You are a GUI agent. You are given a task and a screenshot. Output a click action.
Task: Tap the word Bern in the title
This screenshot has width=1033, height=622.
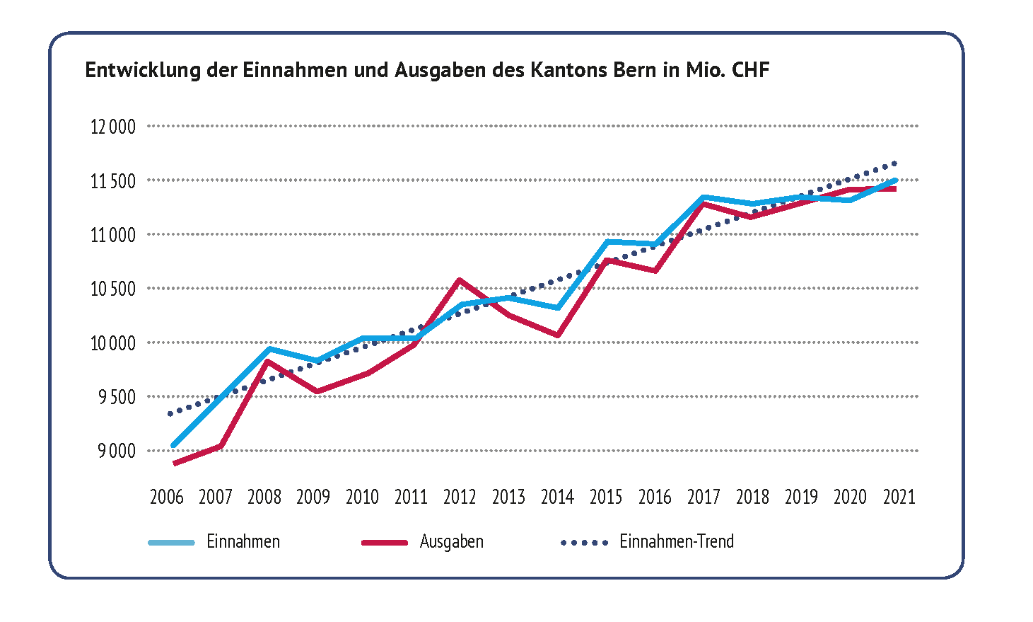[631, 70]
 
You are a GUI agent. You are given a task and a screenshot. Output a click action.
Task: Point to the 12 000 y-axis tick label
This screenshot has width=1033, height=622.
[112, 127]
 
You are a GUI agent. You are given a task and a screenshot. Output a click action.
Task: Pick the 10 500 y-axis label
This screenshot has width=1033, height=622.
[112, 289]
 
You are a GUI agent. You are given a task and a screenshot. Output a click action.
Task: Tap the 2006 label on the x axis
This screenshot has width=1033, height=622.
[166, 497]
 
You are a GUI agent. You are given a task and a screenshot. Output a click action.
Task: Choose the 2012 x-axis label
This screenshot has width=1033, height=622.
[460, 497]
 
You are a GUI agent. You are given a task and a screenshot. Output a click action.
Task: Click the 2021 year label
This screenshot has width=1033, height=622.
[899, 497]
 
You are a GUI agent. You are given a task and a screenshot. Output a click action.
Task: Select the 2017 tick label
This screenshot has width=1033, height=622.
[704, 497]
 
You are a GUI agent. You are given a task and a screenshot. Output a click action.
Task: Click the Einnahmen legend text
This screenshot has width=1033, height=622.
[243, 542]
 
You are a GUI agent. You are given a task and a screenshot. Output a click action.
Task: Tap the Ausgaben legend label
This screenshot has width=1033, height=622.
[451, 542]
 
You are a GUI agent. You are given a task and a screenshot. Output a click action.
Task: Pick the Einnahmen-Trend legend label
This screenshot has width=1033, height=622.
[677, 542]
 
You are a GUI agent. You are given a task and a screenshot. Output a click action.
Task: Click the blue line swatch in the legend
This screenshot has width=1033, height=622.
[171, 543]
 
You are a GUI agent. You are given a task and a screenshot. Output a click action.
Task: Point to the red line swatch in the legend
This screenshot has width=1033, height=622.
[385, 543]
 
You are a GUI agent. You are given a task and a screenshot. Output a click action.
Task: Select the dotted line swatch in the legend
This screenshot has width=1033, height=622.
[584, 543]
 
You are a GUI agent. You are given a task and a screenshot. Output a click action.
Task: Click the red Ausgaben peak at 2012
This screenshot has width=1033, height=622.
[460, 280]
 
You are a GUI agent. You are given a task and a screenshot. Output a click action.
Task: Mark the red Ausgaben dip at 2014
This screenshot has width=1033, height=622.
[558, 335]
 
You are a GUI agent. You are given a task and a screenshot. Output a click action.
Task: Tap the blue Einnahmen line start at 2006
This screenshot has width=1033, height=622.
[173, 446]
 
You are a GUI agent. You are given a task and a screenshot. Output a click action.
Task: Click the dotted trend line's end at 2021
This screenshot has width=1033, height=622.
[895, 163]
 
